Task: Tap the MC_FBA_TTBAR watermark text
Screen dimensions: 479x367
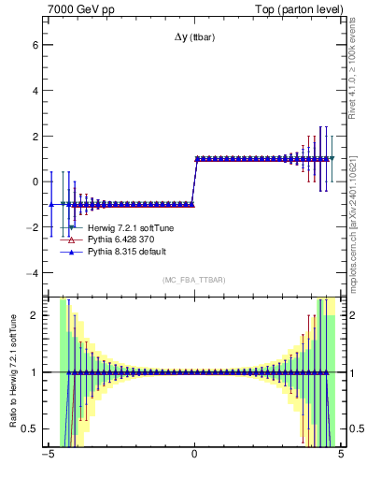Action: [x=193, y=280]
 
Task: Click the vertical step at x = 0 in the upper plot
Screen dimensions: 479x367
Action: [x=193, y=181]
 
